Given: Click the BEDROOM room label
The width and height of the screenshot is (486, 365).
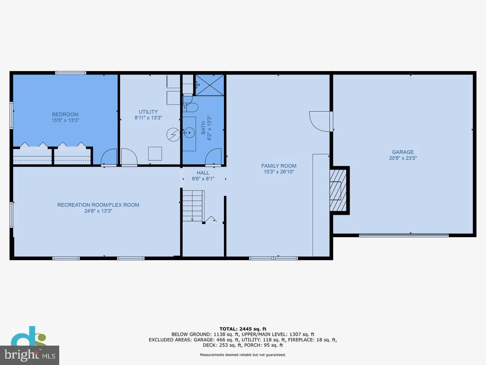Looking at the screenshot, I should (65, 114).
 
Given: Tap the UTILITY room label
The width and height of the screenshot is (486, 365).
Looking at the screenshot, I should (148, 112).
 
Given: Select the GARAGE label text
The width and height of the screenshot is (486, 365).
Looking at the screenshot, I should (403, 152).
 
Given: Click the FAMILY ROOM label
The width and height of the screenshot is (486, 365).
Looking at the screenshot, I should (279, 166).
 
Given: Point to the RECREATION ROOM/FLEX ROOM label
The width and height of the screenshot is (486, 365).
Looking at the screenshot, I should (98, 205).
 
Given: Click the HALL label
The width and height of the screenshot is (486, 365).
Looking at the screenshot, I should (203, 173).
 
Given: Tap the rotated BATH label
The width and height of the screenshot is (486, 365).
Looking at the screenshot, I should (203, 127).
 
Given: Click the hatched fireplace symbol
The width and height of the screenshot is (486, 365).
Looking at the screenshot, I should (338, 190).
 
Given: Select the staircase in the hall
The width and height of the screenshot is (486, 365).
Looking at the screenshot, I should (193, 206).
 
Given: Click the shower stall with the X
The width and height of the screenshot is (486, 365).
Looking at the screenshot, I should (210, 84).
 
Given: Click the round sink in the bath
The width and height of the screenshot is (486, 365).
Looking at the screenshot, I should (189, 133).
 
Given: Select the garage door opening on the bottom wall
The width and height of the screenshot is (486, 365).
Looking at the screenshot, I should (404, 235).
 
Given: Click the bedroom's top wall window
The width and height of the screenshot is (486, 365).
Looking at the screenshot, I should (71, 73).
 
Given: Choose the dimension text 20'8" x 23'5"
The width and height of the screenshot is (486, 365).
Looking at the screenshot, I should (403, 158).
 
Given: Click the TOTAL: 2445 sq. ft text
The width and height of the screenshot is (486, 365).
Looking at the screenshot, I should (243, 329).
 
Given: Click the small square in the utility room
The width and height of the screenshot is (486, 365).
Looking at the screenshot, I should (155, 154).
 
